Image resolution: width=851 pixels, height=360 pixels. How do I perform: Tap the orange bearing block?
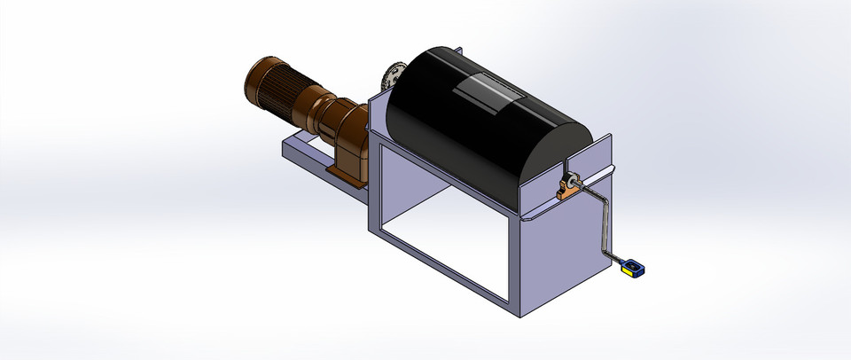tap(566, 189)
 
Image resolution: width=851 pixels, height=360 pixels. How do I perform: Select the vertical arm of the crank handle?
tap(602, 223)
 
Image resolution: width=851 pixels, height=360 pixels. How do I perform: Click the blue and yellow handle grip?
tap(632, 267)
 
